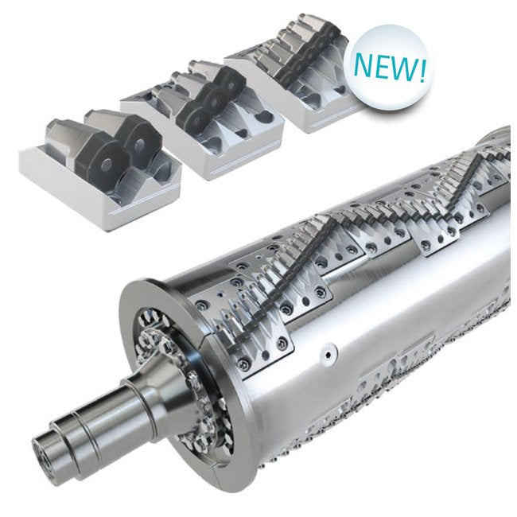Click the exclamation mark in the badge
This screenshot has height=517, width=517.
422,70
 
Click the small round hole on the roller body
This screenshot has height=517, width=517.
328,355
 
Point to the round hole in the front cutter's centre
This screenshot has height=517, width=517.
107,163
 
